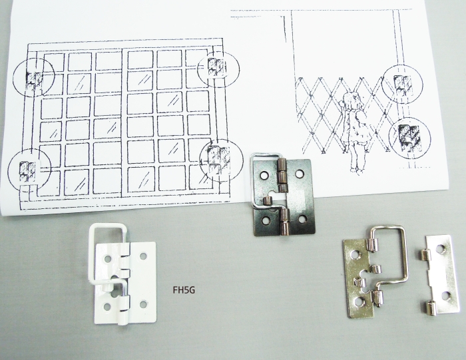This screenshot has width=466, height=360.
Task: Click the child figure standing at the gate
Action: (352, 130)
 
